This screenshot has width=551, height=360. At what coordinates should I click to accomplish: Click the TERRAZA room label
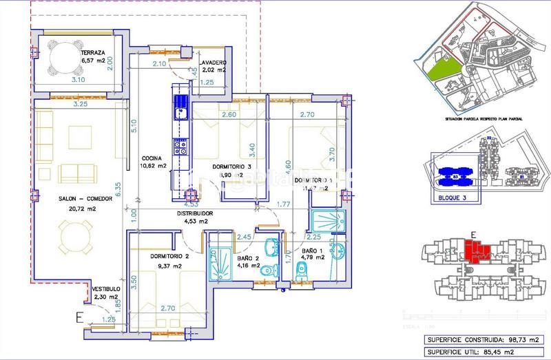point(93,52)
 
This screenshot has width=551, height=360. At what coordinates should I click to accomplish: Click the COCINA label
point(152,157)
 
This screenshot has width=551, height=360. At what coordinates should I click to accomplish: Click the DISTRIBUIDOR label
point(193,213)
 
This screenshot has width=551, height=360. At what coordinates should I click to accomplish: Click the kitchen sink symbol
point(181,112)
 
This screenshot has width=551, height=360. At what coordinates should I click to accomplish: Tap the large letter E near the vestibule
point(80,317)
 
